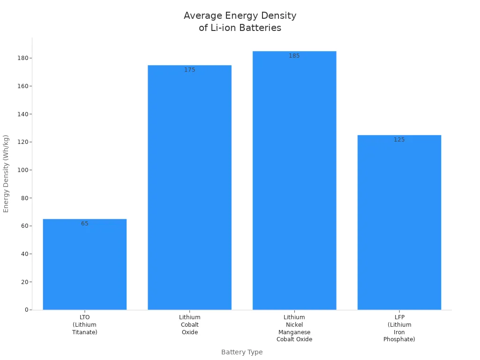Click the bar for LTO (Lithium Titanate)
(x=84, y=264)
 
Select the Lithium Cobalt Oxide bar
(x=189, y=187)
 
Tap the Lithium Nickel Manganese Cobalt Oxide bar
(x=294, y=180)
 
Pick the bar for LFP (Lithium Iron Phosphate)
(x=399, y=223)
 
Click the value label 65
(x=84, y=224)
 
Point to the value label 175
(x=189, y=70)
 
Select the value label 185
(x=294, y=56)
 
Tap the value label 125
(x=399, y=140)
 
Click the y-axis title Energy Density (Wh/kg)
(x=6, y=173)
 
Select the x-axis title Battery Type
(x=242, y=352)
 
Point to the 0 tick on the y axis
(x=26, y=310)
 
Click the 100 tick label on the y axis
(x=22, y=170)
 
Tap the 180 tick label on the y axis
(x=22, y=58)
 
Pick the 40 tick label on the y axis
(x=24, y=254)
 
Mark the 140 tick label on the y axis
(x=22, y=114)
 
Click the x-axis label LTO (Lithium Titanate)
(x=84, y=325)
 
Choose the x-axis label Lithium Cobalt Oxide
(x=189, y=325)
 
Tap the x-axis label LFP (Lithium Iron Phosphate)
(x=399, y=328)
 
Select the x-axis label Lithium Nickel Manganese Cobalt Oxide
(x=294, y=328)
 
